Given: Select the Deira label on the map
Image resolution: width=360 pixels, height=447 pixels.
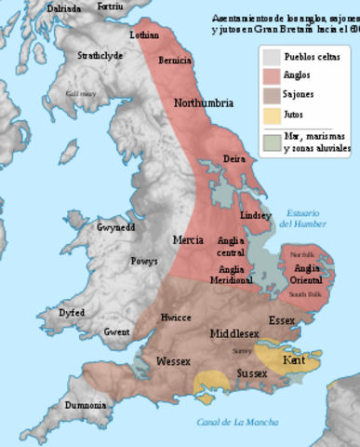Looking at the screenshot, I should pos(233,159).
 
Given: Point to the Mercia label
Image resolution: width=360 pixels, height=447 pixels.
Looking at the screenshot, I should pos(188,240).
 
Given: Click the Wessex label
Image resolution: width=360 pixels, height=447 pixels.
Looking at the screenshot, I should pos(174,359).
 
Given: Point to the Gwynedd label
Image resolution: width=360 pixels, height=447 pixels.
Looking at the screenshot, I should pos(116,227).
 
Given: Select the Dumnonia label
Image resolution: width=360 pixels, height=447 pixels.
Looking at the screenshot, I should pos(85,406).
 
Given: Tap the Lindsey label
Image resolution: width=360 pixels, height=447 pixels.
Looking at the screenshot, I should pos(257,215).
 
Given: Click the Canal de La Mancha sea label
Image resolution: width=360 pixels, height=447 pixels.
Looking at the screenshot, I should pos(238,422).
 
